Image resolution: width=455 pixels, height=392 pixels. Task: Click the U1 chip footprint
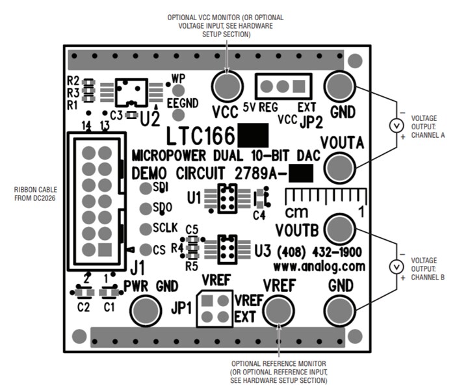tap(226, 198)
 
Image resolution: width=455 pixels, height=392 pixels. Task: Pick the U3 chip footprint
tap(226, 248)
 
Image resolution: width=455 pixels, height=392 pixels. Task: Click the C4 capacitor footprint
tap(261, 198)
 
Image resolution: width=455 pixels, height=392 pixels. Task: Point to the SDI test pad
tap(144, 189)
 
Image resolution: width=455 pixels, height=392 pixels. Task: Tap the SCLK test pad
tap(144, 229)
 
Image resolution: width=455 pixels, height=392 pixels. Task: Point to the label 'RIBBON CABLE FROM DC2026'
tap(34, 193)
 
